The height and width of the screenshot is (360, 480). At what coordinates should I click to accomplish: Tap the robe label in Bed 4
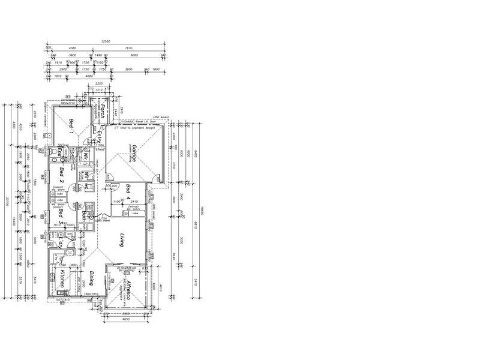click(135, 214)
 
